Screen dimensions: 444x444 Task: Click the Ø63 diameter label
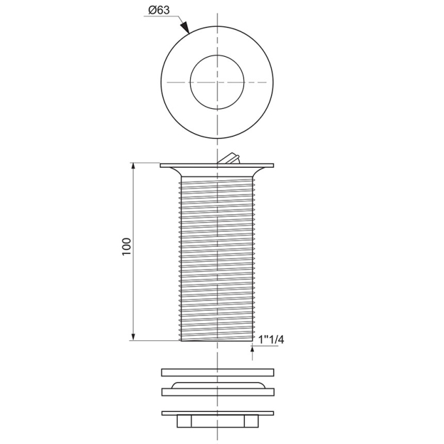point(159,10)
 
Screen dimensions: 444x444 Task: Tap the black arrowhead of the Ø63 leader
point(185,27)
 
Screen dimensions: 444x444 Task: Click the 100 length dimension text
point(127,246)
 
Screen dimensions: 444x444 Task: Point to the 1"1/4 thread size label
point(271,340)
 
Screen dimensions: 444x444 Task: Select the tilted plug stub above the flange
point(229,159)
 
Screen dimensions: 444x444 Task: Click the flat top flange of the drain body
point(217,165)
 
